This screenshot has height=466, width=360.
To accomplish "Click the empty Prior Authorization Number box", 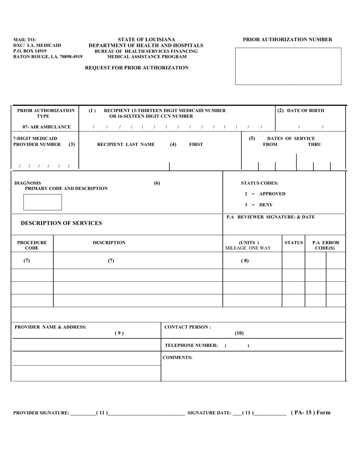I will point(288,66).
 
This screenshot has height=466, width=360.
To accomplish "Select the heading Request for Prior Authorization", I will point(137,68).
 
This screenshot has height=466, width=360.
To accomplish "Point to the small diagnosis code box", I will point(42,202).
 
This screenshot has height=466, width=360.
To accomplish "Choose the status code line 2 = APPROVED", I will point(265,194).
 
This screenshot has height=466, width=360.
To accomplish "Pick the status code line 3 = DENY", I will point(258,205).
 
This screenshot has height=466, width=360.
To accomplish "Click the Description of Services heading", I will point(61,223).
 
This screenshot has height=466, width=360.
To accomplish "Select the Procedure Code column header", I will point(32,245).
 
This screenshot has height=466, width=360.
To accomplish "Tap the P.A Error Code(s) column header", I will point(325,245).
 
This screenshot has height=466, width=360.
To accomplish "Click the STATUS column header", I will point(294,242).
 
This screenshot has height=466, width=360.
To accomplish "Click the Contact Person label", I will point(187,327).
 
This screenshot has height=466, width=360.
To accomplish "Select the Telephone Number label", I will point(191,346).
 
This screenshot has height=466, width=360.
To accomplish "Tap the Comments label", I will point(177,357).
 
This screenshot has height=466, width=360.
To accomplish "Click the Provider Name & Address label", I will point(50,327).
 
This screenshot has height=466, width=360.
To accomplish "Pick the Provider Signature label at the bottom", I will point(41,413).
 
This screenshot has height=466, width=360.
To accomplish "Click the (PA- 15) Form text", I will point(310,413).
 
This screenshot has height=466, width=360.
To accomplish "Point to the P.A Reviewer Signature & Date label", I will point(271,217).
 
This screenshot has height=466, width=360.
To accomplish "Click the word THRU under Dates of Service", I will point(314,144).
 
